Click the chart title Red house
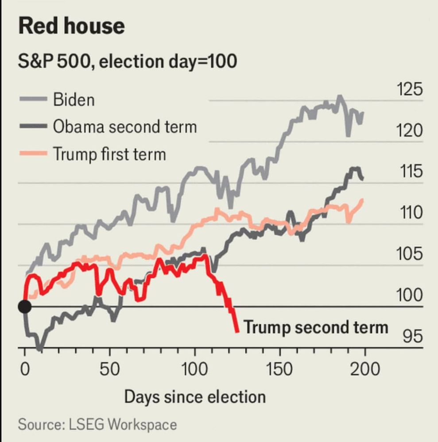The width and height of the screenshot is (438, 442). point(71,26)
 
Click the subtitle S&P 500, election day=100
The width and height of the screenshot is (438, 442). point(127,61)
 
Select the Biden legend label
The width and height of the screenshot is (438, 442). point(74,99)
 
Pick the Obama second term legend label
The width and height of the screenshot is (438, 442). point(125,127)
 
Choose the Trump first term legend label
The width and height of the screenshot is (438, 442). point(109,154)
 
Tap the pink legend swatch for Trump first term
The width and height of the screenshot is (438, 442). point(33,154)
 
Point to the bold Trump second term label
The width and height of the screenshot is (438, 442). point(316,328)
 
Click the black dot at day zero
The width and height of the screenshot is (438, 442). point(24,306)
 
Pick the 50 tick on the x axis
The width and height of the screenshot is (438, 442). point(109,368)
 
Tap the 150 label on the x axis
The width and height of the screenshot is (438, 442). point(279,368)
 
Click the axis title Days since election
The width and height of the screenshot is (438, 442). point(195,396)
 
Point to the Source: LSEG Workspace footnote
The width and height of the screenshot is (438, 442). point(97,425)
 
